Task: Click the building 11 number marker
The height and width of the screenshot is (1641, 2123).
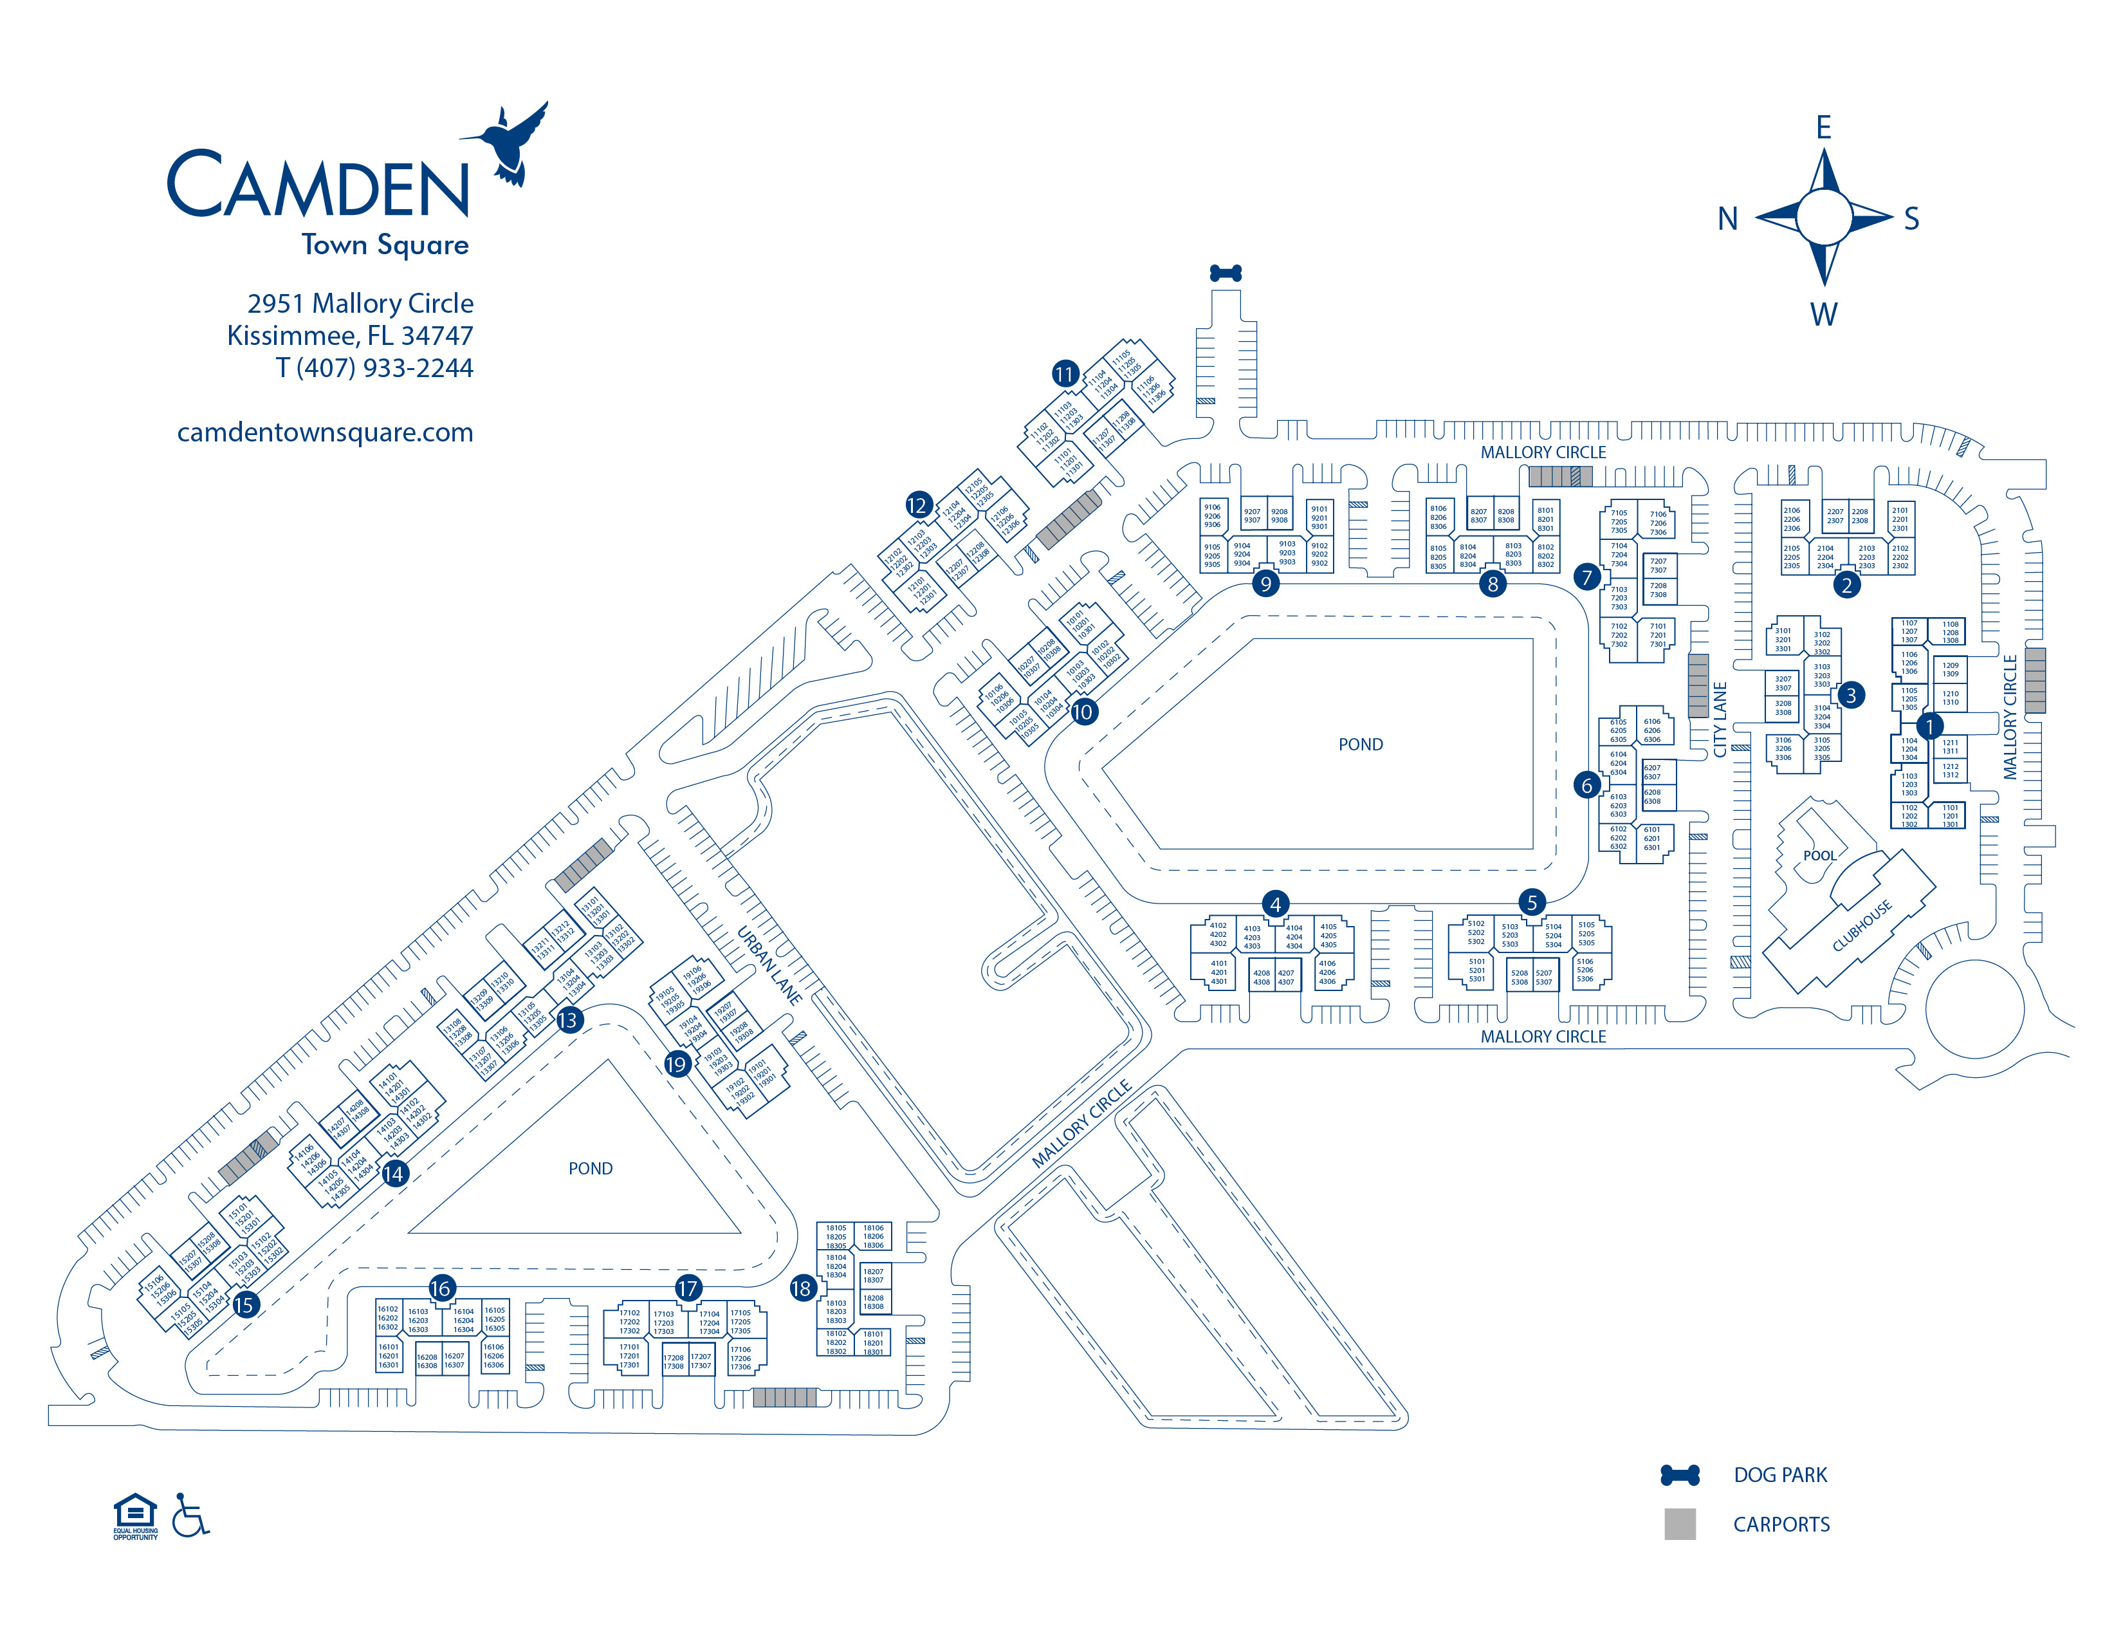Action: click(x=1065, y=373)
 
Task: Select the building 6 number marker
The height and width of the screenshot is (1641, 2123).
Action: click(x=1586, y=784)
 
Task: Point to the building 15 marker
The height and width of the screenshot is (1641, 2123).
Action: click(x=244, y=1304)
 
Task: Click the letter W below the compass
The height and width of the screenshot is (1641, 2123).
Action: click(x=1824, y=314)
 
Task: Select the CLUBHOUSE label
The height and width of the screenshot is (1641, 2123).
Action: click(x=1862, y=925)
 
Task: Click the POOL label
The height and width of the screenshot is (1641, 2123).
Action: click(x=1820, y=855)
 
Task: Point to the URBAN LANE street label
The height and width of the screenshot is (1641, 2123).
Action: click(x=769, y=965)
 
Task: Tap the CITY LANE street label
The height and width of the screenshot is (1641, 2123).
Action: click(x=1720, y=719)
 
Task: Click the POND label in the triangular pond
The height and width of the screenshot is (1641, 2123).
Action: click(x=590, y=1169)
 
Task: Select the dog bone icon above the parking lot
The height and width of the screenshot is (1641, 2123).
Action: click(x=1225, y=273)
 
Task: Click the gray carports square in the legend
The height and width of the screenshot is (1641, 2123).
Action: click(x=1680, y=1523)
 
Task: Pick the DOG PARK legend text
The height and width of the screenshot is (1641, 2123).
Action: click(x=1780, y=1475)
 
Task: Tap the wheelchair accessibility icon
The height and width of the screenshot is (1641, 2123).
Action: click(x=190, y=1516)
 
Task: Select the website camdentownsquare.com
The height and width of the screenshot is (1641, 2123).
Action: click(x=325, y=432)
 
